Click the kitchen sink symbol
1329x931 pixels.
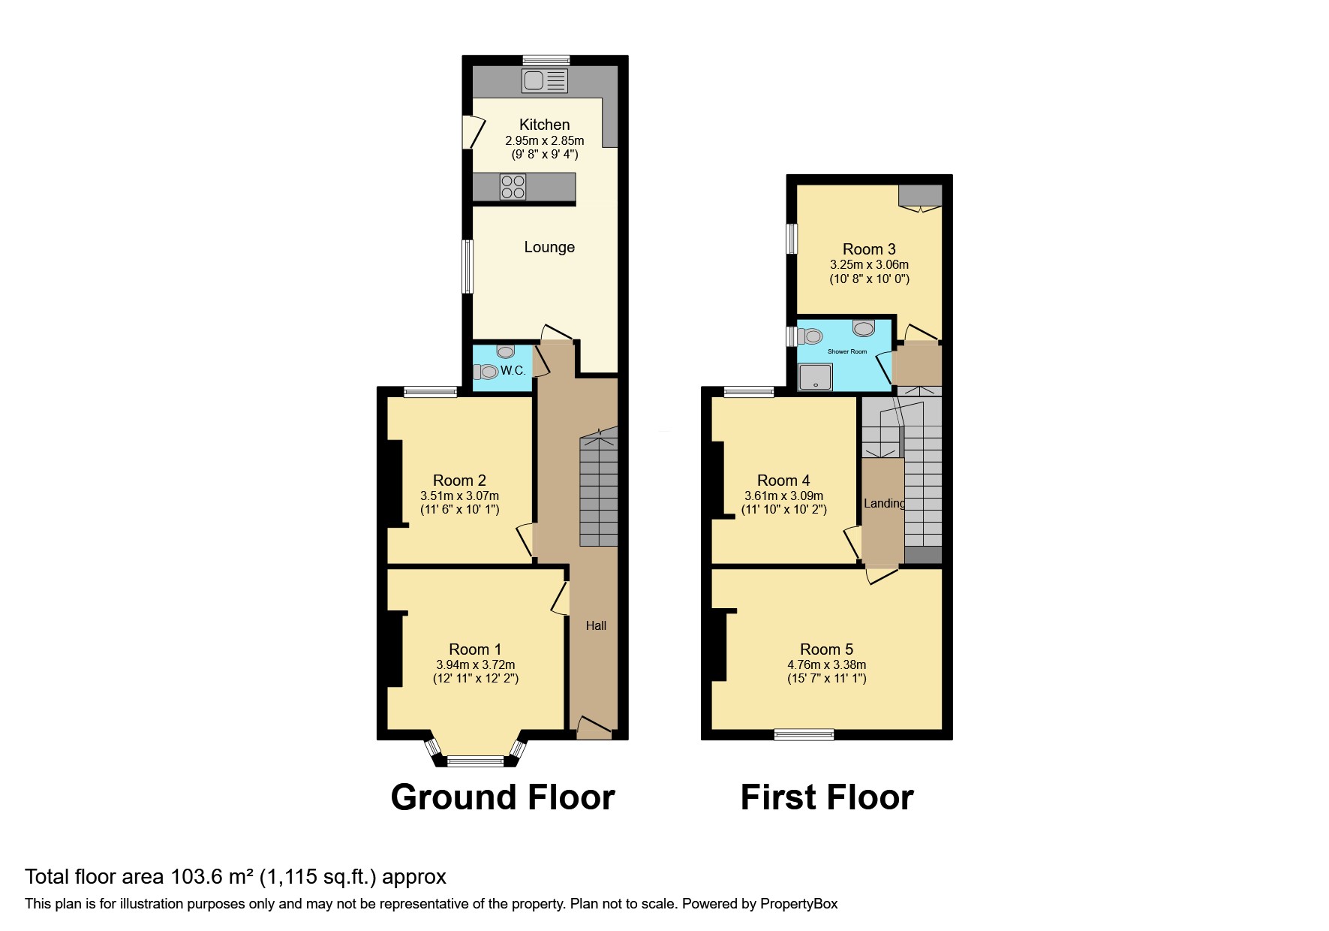pos(545,81)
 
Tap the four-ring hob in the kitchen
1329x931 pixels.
pos(513,187)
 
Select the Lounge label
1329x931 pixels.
pos(549,247)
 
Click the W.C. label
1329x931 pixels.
pos(513,370)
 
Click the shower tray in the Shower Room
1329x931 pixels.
pos(816,377)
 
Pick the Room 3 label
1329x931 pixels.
pos(869,249)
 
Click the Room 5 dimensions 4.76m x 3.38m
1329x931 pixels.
pos(827,664)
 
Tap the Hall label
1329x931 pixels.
pos(596,625)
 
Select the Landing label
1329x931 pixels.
pos(884,503)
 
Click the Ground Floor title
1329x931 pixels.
pos(503,797)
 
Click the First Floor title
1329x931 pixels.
pos(827,797)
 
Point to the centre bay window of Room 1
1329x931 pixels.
pos(476,761)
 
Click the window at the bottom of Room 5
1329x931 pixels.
pos(804,734)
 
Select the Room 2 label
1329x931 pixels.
pos(459,481)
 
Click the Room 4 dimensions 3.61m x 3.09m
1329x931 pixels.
pos(783,496)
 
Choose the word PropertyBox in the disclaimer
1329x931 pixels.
pos(798,904)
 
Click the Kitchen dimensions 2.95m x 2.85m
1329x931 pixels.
pos(545,140)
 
